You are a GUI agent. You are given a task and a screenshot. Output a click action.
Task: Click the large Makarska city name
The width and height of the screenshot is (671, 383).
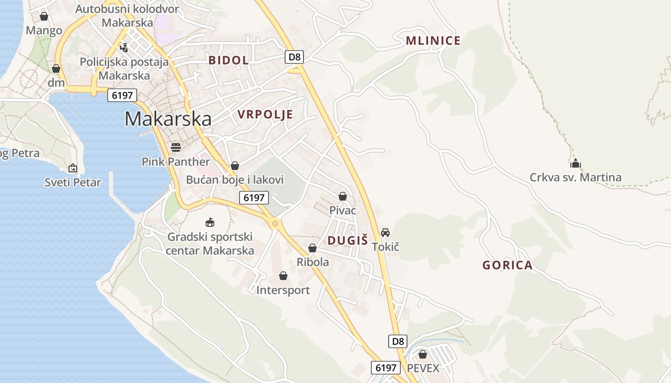pyautogui.click(x=168, y=119)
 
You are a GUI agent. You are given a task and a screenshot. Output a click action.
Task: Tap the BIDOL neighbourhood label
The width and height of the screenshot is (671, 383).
pyautogui.click(x=229, y=60)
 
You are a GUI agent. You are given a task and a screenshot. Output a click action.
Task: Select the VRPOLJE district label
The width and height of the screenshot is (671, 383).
pyautogui.click(x=265, y=114)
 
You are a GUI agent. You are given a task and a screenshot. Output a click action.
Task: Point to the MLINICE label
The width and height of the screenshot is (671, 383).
pyautogui.click(x=433, y=41)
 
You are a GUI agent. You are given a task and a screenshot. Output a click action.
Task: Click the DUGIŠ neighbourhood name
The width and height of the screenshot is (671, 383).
pyautogui.click(x=347, y=240)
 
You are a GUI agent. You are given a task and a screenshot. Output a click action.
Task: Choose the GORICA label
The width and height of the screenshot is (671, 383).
pyautogui.click(x=507, y=265)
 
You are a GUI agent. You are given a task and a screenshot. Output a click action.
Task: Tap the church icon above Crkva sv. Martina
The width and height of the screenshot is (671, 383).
pyautogui.click(x=576, y=163)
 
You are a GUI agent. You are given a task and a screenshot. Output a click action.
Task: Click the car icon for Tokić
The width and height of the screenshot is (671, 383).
pyautogui.click(x=385, y=233)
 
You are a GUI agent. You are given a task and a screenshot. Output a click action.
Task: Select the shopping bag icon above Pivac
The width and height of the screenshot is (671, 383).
pyautogui.click(x=343, y=196)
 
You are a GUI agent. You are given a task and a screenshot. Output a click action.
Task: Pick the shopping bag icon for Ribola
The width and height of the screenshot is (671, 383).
pyautogui.click(x=312, y=248)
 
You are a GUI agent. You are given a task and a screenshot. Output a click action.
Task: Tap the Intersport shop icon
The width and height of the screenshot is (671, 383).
pyautogui.click(x=283, y=276)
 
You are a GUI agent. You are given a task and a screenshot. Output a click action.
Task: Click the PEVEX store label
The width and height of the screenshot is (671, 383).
pyautogui.click(x=423, y=368)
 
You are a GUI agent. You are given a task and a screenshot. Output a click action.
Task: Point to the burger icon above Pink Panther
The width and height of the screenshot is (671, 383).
pyautogui.click(x=176, y=147)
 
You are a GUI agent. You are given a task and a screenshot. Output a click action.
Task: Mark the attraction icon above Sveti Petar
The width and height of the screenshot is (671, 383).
pyautogui.click(x=73, y=168)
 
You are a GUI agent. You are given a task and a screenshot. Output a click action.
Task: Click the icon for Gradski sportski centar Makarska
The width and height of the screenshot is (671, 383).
pyautogui.click(x=210, y=222)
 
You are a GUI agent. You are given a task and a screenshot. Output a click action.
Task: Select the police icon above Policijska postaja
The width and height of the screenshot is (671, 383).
pyautogui.click(x=124, y=47)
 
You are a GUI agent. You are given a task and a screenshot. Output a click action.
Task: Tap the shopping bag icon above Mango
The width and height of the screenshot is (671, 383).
pyautogui.click(x=44, y=17)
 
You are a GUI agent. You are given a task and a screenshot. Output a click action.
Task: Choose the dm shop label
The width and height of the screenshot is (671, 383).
pyautogui.click(x=56, y=83)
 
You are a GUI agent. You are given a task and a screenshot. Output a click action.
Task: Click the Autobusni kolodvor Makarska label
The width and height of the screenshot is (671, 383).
pyautogui.click(x=127, y=16)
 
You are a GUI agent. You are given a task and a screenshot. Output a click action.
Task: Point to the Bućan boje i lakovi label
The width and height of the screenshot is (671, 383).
pyautogui.click(x=235, y=180)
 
